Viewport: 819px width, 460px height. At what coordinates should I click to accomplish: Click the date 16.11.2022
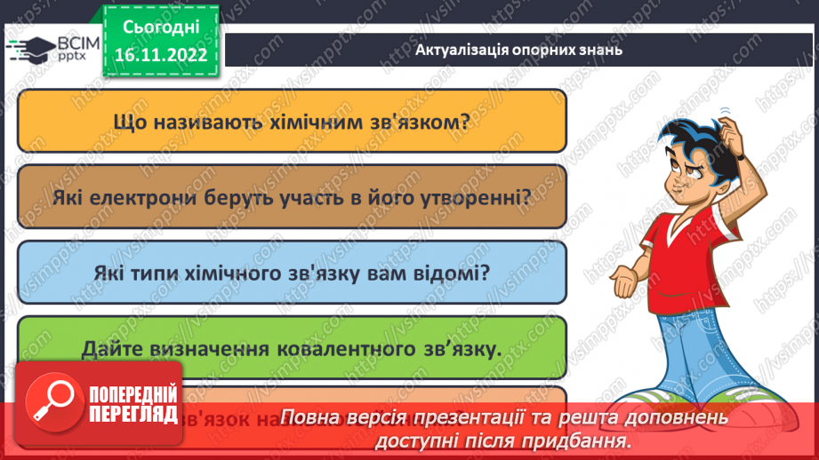(161, 55)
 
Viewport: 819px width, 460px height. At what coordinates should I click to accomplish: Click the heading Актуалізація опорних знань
(518, 50)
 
